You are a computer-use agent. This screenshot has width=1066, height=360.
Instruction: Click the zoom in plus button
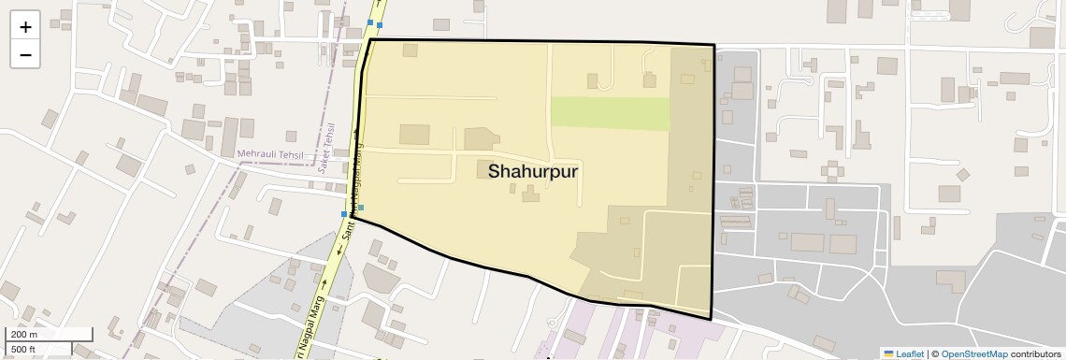click(25, 27)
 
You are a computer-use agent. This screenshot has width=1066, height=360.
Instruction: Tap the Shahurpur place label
click(533, 172)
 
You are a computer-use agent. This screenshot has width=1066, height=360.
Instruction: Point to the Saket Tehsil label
click(329, 145)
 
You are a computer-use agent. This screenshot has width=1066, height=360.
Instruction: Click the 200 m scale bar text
click(24, 335)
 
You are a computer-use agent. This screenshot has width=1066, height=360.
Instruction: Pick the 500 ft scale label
click(23, 350)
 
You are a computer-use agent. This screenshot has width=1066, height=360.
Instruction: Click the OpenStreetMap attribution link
click(973, 354)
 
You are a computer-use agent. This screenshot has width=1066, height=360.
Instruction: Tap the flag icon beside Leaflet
click(888, 354)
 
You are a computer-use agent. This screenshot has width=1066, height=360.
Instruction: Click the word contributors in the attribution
click(1036, 354)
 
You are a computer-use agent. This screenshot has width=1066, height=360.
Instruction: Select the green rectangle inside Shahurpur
click(611, 113)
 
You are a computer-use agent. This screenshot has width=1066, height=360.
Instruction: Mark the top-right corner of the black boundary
click(714, 45)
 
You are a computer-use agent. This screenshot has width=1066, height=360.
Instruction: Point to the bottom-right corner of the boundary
click(711, 319)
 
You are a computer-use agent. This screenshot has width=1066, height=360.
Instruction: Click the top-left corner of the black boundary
click(371, 40)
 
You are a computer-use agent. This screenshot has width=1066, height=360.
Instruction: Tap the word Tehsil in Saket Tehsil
click(331, 134)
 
